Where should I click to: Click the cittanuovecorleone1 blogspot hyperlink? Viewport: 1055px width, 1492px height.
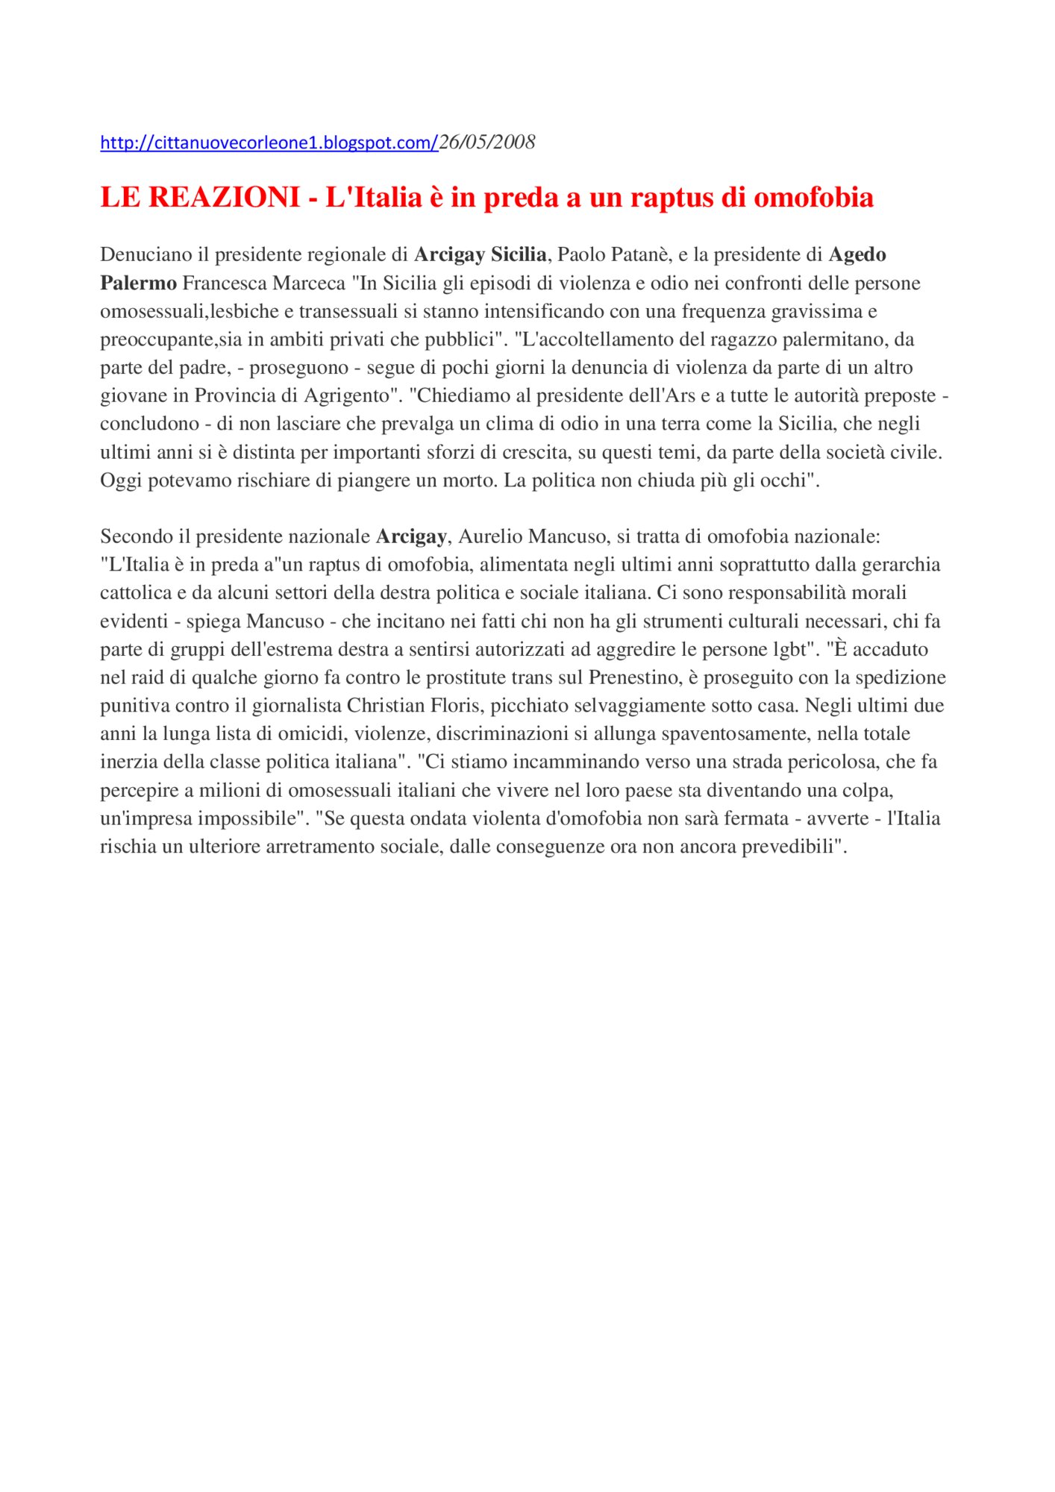269,142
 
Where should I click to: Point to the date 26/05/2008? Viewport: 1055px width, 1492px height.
487,142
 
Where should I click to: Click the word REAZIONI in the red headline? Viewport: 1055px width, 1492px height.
224,198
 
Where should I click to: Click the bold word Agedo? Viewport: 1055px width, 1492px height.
857,255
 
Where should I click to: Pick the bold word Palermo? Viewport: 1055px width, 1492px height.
138,283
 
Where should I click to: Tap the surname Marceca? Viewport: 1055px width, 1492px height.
309,283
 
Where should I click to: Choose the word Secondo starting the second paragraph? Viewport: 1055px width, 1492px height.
137,537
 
